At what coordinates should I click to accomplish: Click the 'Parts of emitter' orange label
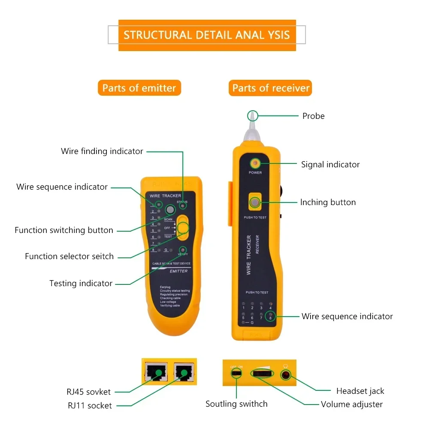(x=139, y=88)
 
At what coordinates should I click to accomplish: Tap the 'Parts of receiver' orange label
(x=271, y=88)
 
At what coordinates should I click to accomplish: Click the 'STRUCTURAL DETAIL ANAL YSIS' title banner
(x=207, y=35)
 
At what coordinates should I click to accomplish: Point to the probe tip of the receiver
(x=252, y=115)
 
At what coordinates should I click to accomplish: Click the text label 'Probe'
(x=313, y=116)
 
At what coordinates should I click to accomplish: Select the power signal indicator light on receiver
(x=255, y=163)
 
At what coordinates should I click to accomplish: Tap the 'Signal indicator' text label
(x=330, y=164)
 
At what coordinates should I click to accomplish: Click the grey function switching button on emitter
(x=170, y=210)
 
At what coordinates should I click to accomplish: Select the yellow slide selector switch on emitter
(x=183, y=227)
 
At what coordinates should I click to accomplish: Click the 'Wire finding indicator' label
(x=102, y=151)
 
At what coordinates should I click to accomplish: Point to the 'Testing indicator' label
(x=81, y=283)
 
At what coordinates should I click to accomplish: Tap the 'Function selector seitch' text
(x=69, y=256)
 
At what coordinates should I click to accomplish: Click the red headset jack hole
(x=285, y=375)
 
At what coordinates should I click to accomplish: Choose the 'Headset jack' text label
(x=360, y=391)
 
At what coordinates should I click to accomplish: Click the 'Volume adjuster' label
(x=352, y=404)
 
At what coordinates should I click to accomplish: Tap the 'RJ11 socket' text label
(x=90, y=405)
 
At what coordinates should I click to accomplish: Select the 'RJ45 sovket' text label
(x=88, y=392)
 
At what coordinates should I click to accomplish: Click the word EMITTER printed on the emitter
(x=178, y=271)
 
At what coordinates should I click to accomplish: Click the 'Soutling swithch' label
(x=236, y=404)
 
